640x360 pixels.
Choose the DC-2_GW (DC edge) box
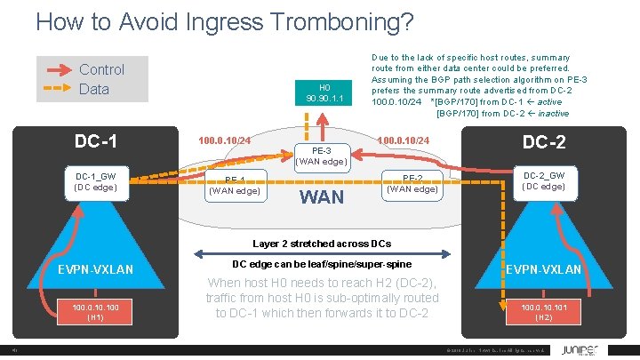click(544, 181)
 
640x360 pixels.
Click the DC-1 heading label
click(96, 141)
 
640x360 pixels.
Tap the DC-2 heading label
click(544, 142)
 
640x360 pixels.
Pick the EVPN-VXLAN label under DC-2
click(544, 269)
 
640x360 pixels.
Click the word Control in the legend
click(101, 69)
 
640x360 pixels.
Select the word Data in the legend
click(94, 89)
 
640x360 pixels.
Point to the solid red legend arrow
click(58, 69)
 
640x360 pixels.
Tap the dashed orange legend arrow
click(58, 89)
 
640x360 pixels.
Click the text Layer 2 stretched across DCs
click(322, 244)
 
